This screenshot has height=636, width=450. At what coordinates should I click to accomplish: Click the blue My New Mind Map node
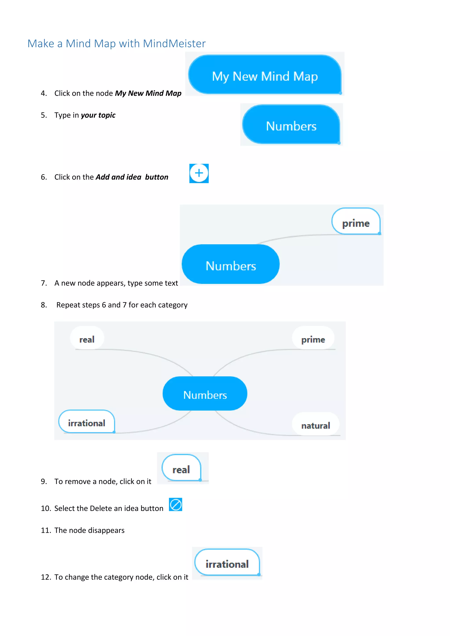(265, 75)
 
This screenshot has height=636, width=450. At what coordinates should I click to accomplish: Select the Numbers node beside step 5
(291, 125)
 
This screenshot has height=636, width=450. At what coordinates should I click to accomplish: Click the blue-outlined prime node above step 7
(356, 222)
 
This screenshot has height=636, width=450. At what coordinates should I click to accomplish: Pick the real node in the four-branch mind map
(87, 338)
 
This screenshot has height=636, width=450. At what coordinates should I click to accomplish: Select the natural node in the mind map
(315, 424)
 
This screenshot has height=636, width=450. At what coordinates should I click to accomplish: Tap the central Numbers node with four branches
(205, 394)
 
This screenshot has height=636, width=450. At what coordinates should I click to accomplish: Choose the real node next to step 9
(181, 468)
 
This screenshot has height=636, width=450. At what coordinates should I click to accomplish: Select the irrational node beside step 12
(227, 563)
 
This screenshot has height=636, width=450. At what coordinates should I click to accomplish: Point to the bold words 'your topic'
(98, 115)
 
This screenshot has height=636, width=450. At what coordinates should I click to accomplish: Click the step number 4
(44, 93)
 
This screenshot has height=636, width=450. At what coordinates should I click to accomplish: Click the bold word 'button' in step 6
(157, 177)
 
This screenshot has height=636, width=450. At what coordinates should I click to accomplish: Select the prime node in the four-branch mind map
(313, 338)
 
